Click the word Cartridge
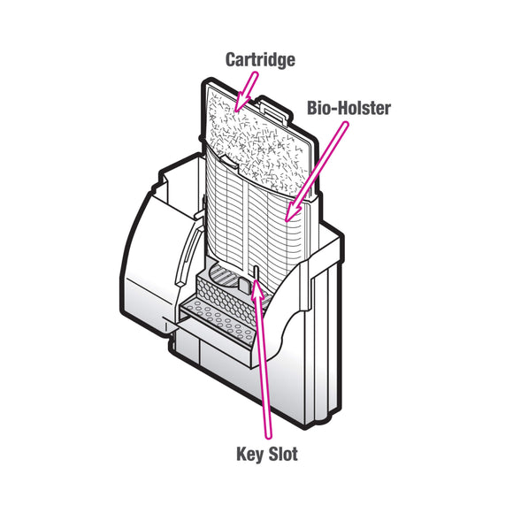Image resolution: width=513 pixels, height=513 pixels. tap(259, 61)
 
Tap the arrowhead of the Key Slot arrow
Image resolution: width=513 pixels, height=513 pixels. tap(256, 284)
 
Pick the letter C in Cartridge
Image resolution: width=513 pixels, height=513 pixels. tap(229, 61)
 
